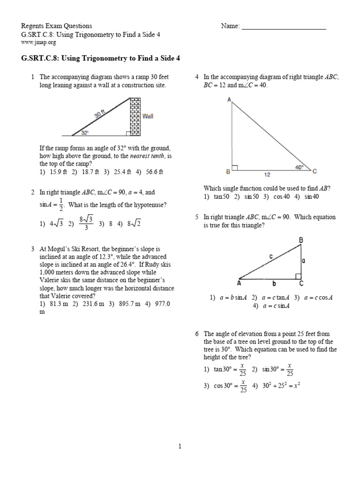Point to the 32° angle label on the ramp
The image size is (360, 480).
coord(85,133)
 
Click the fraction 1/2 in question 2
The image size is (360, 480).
coord(61,205)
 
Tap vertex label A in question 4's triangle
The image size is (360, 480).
coord(229,100)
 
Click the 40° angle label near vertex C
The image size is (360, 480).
coord(299,166)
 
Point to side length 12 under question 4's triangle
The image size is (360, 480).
coord(267,175)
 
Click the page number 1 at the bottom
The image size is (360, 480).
coord(180,446)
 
